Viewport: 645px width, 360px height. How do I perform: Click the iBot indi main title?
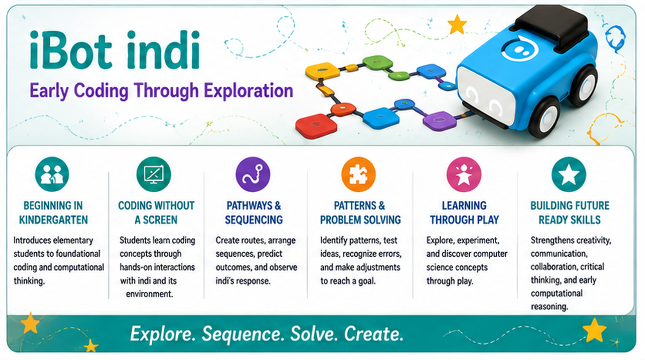click(x=115, y=50)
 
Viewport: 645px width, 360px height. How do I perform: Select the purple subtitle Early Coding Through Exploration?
click(x=161, y=91)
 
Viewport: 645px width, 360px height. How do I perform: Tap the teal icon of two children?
click(x=52, y=174)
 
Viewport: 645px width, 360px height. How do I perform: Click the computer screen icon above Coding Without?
click(x=154, y=174)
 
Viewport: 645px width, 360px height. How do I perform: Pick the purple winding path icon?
click(x=253, y=174)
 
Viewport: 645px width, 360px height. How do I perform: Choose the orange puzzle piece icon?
click(x=359, y=174)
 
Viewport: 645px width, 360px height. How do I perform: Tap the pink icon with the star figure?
click(x=464, y=174)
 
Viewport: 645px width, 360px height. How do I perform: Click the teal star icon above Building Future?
click(x=569, y=174)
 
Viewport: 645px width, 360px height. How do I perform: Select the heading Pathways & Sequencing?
click(x=254, y=213)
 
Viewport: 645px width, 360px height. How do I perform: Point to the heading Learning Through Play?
click(x=465, y=213)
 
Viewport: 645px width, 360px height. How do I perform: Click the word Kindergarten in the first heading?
click(x=53, y=220)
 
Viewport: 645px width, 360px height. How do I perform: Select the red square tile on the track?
click(x=316, y=126)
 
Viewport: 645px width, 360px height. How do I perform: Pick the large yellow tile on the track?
click(x=322, y=71)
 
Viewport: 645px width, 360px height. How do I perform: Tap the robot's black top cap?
click(x=551, y=27)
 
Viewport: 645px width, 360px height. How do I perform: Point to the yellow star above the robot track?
click(x=457, y=25)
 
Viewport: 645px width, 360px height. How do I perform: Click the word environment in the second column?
click(x=150, y=294)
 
